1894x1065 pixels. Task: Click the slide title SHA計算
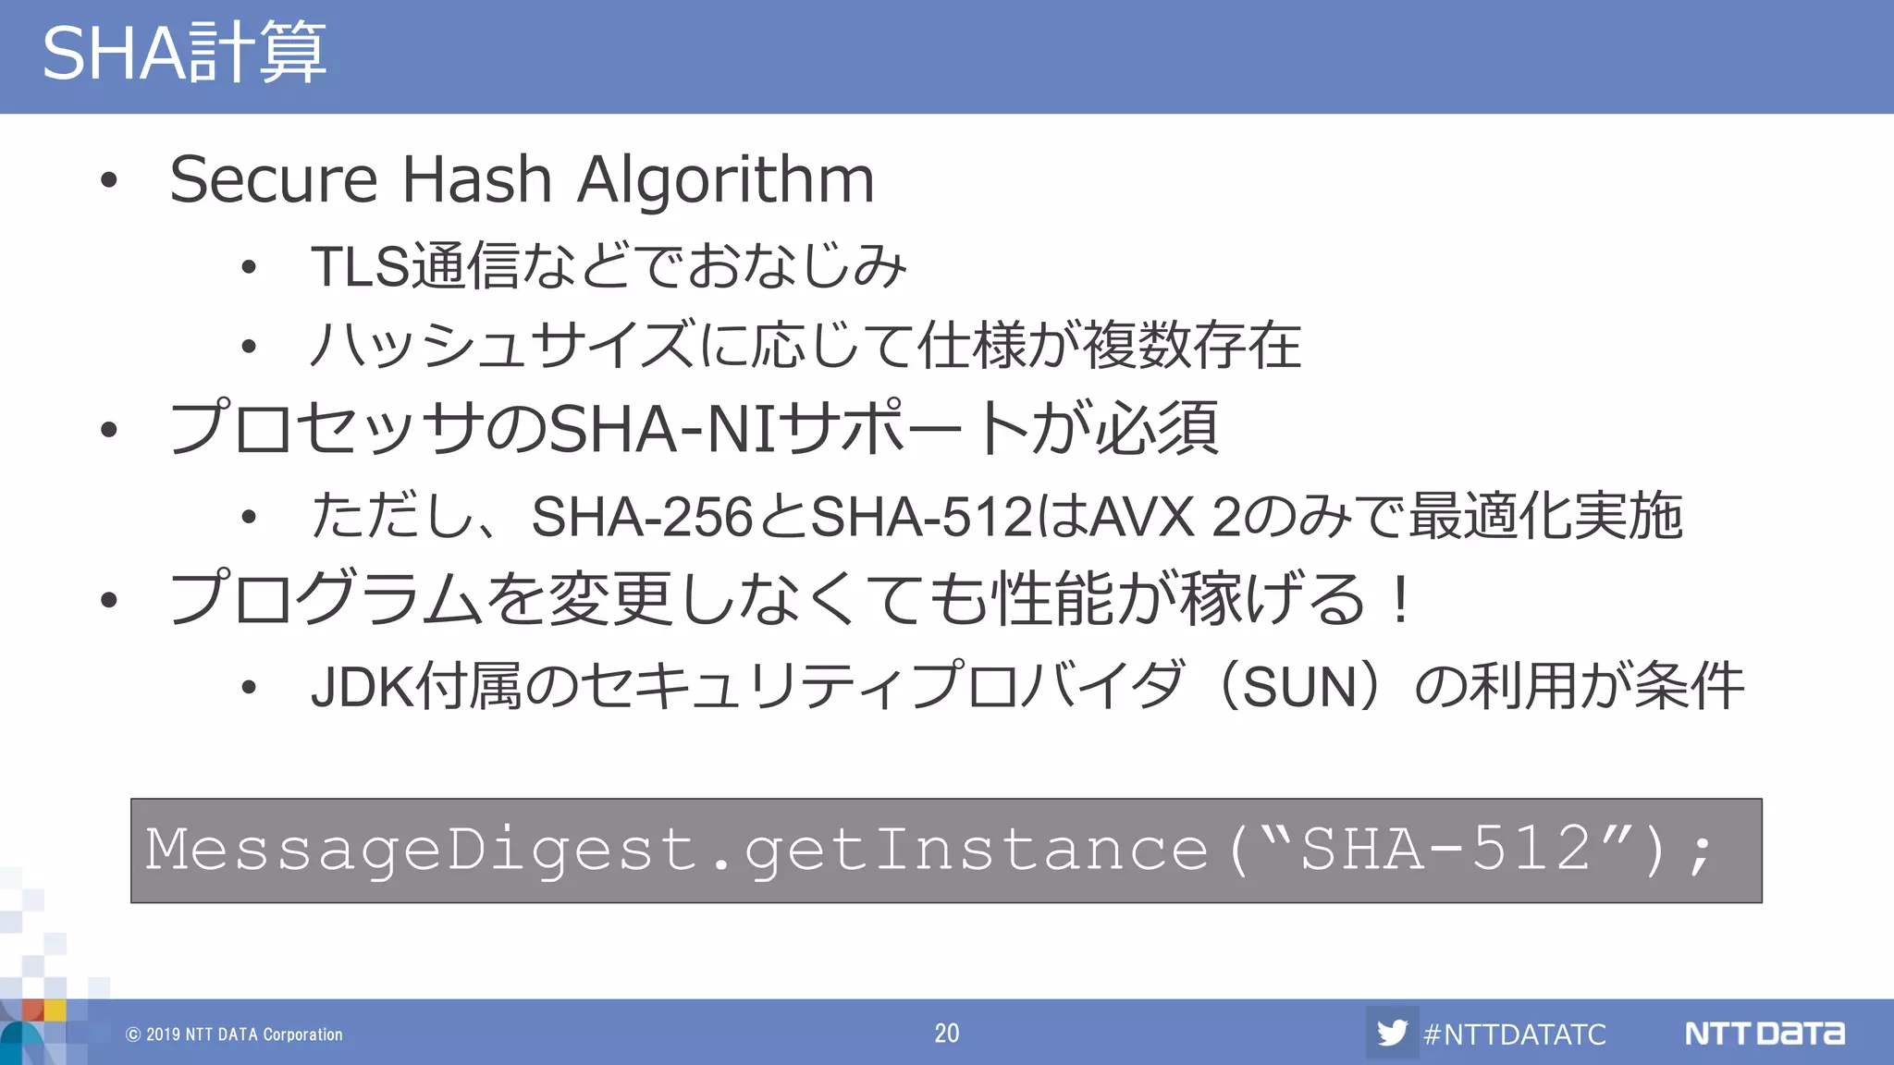point(184,53)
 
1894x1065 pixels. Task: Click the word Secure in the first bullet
point(274,178)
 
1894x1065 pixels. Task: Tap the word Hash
point(476,178)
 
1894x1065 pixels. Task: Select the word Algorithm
point(726,180)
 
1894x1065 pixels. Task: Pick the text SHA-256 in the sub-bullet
point(643,516)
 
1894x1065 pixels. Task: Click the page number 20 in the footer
point(946,1033)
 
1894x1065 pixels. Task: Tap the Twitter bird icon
point(1392,1033)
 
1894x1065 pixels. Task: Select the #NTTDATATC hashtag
point(1515,1034)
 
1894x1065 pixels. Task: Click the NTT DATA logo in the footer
point(1765,1033)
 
